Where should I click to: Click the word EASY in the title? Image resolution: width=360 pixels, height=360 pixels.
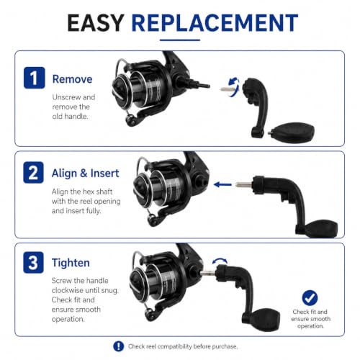pos(96,23)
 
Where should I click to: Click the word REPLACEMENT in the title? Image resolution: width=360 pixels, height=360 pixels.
pos(215,23)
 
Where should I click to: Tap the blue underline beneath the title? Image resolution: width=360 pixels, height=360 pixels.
pos(180,40)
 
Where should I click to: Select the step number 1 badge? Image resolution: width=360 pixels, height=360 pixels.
pos(35,78)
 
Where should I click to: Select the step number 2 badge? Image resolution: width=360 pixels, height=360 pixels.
pos(34,173)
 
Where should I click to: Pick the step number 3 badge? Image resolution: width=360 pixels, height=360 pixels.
pos(34,262)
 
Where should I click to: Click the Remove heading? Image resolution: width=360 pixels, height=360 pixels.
pos(72,79)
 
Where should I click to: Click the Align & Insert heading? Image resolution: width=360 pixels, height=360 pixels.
pos(86,173)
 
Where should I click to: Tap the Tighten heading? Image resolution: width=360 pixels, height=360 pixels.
pos(71,263)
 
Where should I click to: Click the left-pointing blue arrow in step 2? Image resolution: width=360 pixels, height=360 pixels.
pos(222,184)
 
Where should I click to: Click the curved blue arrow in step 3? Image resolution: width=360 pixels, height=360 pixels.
pos(220,261)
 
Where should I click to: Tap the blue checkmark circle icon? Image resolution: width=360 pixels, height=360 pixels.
pos(310,298)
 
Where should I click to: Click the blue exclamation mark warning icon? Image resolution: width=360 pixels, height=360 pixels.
pos(119,346)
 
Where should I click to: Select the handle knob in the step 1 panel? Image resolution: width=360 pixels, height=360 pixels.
pos(293,132)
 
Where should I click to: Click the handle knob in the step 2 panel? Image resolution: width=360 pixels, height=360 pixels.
pos(321,229)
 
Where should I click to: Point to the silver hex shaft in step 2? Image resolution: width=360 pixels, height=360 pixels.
pos(244,184)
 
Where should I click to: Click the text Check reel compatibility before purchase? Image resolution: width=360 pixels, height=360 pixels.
pos(183,346)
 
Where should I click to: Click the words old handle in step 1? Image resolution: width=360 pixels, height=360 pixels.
pos(70,117)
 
